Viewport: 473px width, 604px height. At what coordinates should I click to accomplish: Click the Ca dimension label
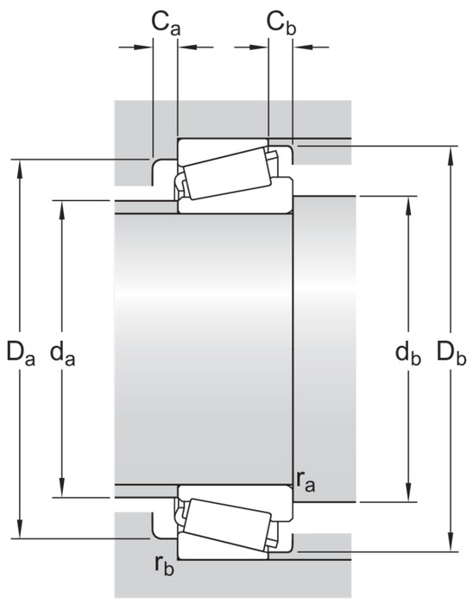(166, 23)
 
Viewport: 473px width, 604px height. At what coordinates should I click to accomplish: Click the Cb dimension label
(281, 23)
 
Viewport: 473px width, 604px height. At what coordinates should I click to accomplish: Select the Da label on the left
(21, 353)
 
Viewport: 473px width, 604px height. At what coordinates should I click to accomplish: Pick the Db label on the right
(451, 353)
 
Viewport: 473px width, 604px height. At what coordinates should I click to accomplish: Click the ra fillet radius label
(306, 482)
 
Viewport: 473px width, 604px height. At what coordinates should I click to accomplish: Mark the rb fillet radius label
(165, 565)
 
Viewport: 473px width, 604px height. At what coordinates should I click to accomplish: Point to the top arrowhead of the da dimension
(61, 211)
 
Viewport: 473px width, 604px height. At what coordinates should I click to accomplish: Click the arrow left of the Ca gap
(136, 47)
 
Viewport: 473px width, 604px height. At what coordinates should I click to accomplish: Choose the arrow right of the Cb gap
(312, 47)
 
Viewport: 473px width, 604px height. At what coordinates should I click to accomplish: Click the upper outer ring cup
(223, 149)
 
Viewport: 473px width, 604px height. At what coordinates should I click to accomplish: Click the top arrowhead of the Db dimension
(451, 156)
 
